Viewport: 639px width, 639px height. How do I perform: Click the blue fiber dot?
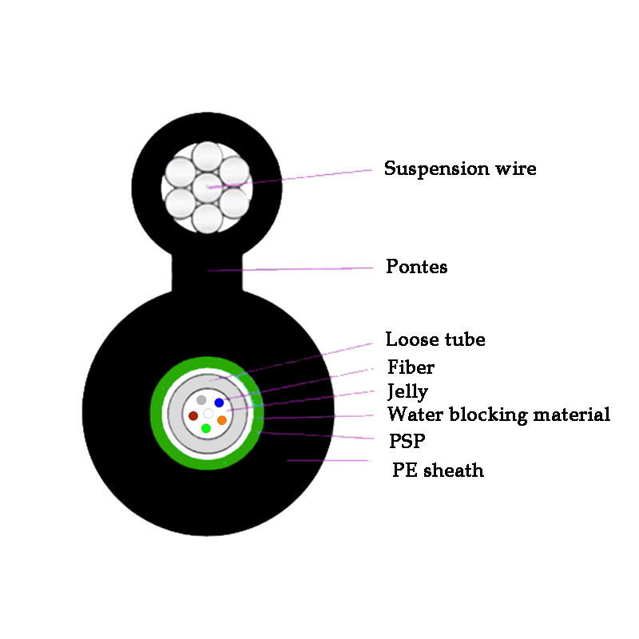219,403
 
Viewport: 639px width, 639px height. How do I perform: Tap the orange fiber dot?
222,420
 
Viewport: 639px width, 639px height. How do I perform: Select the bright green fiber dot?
206,429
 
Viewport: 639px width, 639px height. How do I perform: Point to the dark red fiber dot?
192,416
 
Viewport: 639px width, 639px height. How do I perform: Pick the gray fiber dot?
201,399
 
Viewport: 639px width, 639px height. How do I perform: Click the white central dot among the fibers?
208,414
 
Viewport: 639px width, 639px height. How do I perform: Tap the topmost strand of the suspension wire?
208,157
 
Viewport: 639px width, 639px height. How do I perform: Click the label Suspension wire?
460,169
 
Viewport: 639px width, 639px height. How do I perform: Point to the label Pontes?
416,267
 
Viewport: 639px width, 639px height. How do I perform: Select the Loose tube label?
435,339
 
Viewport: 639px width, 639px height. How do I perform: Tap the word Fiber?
411,367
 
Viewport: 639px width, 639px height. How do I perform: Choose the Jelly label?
407,391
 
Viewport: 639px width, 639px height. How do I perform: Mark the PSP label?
405,440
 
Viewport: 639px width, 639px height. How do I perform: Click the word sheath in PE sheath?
453,470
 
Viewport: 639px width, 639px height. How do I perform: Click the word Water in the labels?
412,415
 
